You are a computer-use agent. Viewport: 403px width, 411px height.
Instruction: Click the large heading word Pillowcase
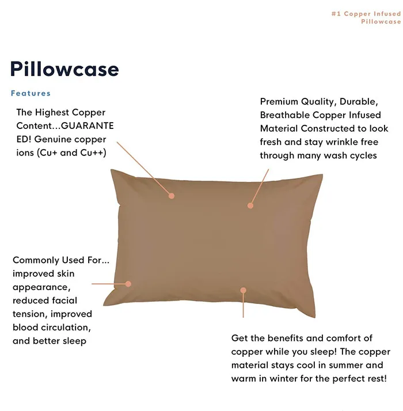click(x=64, y=70)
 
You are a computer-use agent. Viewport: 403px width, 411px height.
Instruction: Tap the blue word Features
click(x=31, y=93)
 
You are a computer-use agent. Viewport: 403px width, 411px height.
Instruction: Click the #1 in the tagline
click(x=336, y=14)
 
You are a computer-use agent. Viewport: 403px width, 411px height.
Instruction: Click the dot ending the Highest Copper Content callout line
click(x=172, y=196)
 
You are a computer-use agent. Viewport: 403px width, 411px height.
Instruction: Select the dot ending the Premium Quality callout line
click(x=250, y=205)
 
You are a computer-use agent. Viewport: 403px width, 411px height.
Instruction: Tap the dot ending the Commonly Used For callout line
click(x=128, y=284)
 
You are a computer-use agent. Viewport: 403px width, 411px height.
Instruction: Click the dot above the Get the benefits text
click(x=244, y=291)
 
